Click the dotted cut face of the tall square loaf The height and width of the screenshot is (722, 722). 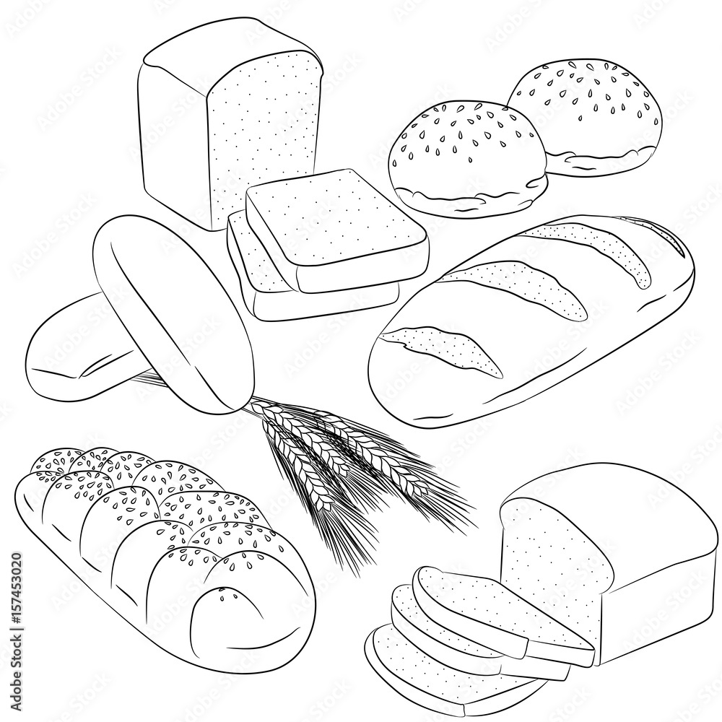(260, 130)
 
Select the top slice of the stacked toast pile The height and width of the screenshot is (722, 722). (336, 227)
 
